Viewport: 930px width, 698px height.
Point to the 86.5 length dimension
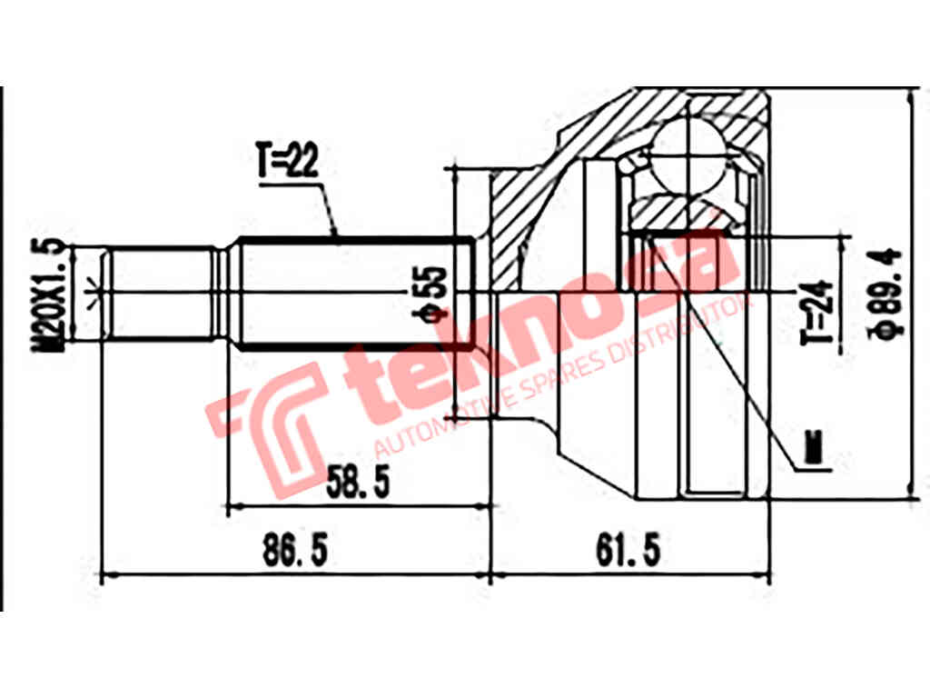click(293, 549)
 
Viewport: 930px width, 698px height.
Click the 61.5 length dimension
click(627, 549)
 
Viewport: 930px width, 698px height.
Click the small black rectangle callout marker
click(816, 447)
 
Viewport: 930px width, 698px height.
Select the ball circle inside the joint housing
click(692, 155)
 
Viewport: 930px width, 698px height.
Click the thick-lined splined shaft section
click(354, 293)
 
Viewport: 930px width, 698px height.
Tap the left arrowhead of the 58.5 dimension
click(232, 506)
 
